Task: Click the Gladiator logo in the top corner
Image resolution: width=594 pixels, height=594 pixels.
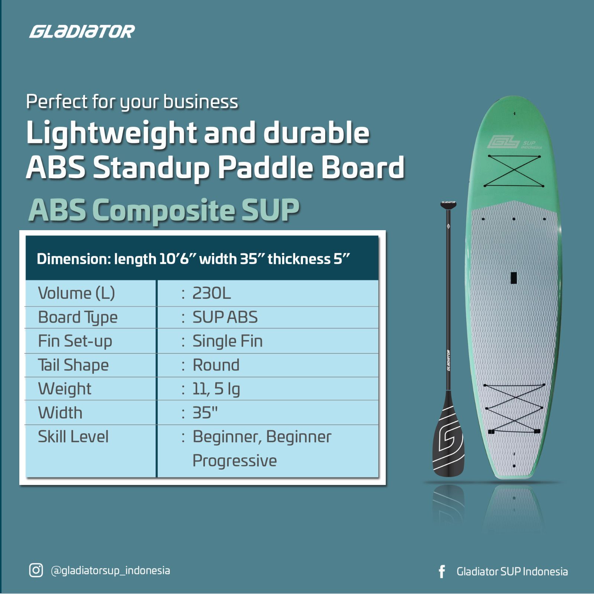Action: (82, 32)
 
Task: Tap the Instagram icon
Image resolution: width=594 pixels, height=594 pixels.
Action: (36, 570)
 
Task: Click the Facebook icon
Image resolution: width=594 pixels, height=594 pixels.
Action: (441, 572)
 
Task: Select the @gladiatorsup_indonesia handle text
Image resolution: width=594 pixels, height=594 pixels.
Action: (110, 570)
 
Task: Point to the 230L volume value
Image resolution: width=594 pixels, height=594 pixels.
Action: (211, 293)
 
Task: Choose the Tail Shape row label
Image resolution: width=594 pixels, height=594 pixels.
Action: (73, 365)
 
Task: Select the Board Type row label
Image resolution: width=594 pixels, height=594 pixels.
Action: (78, 318)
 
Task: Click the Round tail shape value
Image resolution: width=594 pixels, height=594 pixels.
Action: (216, 365)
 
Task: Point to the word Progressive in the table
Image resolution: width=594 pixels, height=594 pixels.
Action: (234, 461)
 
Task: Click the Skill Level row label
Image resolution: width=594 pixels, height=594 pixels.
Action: (73, 437)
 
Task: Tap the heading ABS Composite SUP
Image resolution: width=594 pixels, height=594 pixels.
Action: (164, 210)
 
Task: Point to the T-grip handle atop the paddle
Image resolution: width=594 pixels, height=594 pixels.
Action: (448, 203)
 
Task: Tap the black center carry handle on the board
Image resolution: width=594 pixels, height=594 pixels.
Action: (514, 278)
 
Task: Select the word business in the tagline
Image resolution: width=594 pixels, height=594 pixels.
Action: (200, 102)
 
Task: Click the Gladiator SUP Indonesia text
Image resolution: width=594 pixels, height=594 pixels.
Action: (512, 572)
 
